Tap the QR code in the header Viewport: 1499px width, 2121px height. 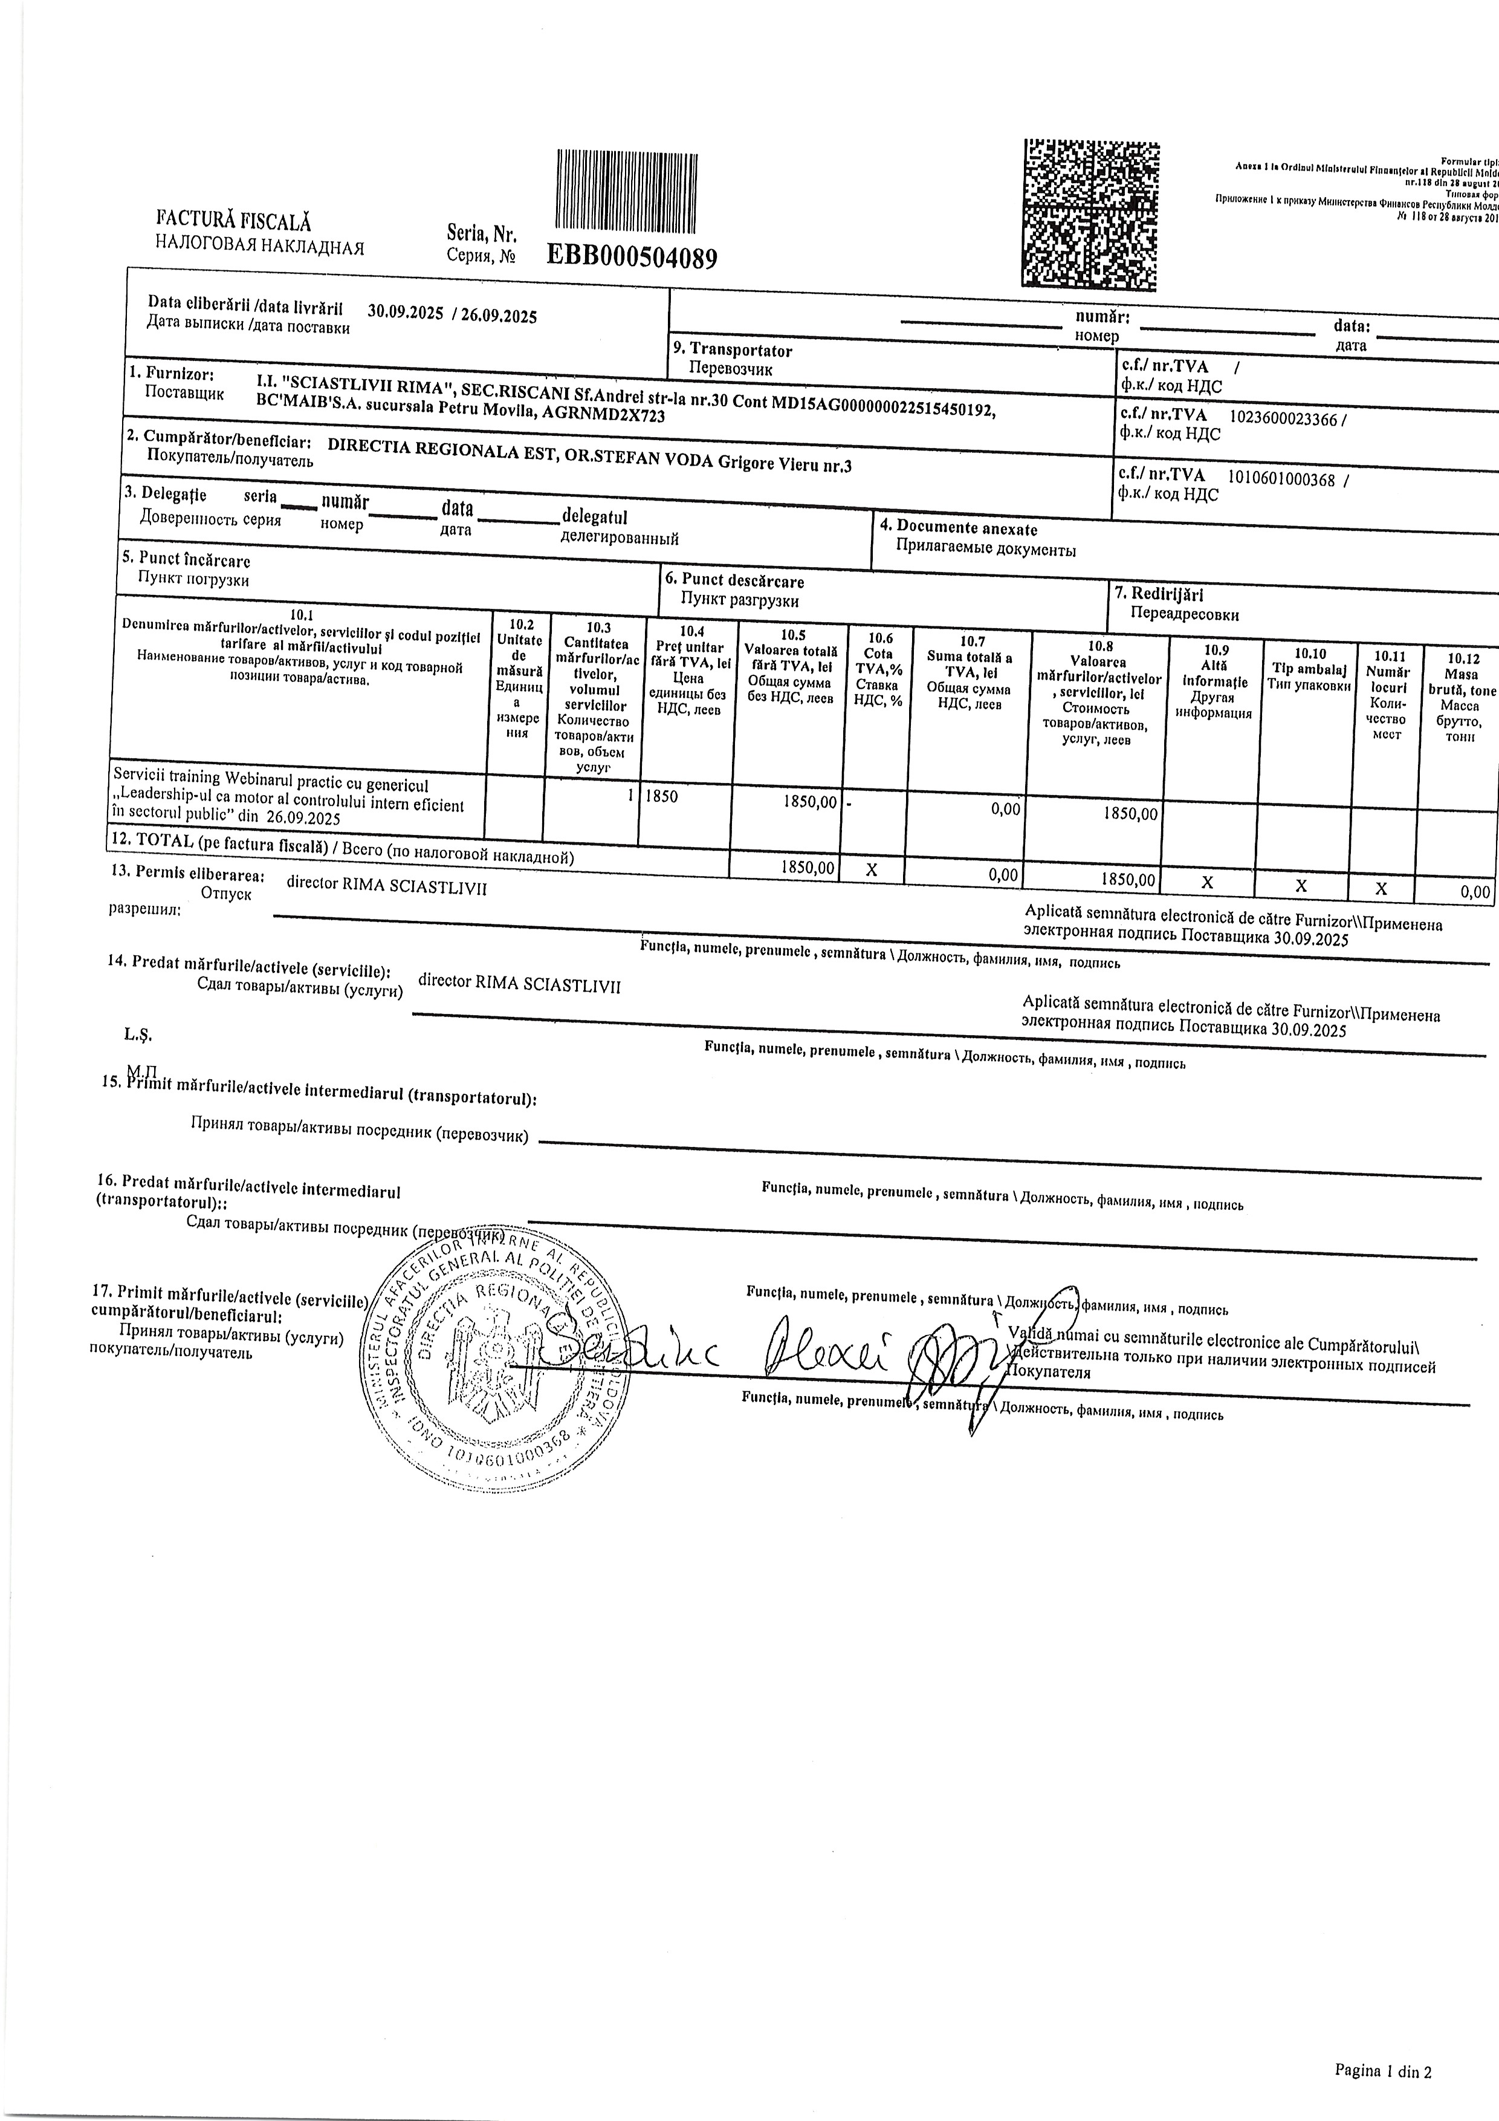[x=1091, y=213]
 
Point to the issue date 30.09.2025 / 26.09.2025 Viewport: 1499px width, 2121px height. [x=452, y=313]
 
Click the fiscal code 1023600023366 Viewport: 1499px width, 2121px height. [x=1284, y=418]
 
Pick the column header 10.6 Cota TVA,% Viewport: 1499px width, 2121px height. [x=878, y=669]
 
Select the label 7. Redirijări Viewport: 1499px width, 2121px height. [x=1167, y=595]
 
